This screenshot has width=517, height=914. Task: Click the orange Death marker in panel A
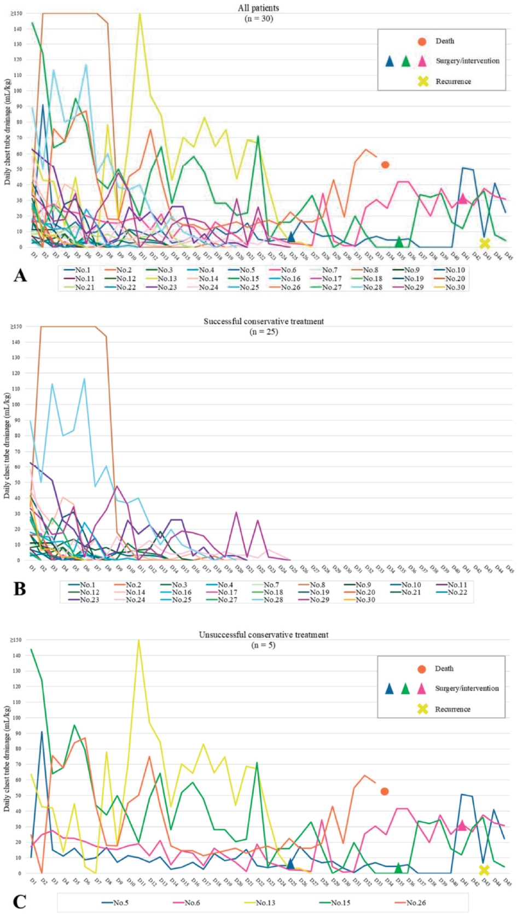[385, 165]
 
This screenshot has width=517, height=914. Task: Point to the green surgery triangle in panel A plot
[399, 241]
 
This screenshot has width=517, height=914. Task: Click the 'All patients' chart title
[258, 8]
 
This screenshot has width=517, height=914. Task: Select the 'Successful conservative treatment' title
[264, 321]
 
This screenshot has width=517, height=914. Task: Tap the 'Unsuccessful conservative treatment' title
[263, 635]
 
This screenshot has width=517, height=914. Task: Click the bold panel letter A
[20, 276]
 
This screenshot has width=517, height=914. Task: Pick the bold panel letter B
[20, 589]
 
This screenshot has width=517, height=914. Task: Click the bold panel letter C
[20, 901]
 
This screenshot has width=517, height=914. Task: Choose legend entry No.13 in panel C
[265, 903]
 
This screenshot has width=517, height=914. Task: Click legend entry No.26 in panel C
[416, 903]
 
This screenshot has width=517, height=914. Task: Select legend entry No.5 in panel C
[121, 903]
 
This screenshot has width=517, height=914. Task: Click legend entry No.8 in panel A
[370, 270]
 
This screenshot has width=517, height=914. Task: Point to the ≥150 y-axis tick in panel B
[15, 327]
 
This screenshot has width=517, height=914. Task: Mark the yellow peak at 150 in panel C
[140, 640]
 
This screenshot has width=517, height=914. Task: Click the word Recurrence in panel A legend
[453, 81]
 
